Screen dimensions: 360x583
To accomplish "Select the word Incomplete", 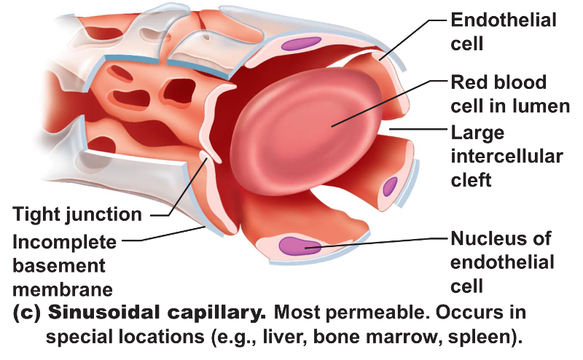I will (x=64, y=241).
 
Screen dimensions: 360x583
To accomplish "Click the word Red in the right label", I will (x=469, y=82).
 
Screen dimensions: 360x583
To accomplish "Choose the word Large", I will (x=477, y=133).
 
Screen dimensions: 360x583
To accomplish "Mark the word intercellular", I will (x=507, y=156).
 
